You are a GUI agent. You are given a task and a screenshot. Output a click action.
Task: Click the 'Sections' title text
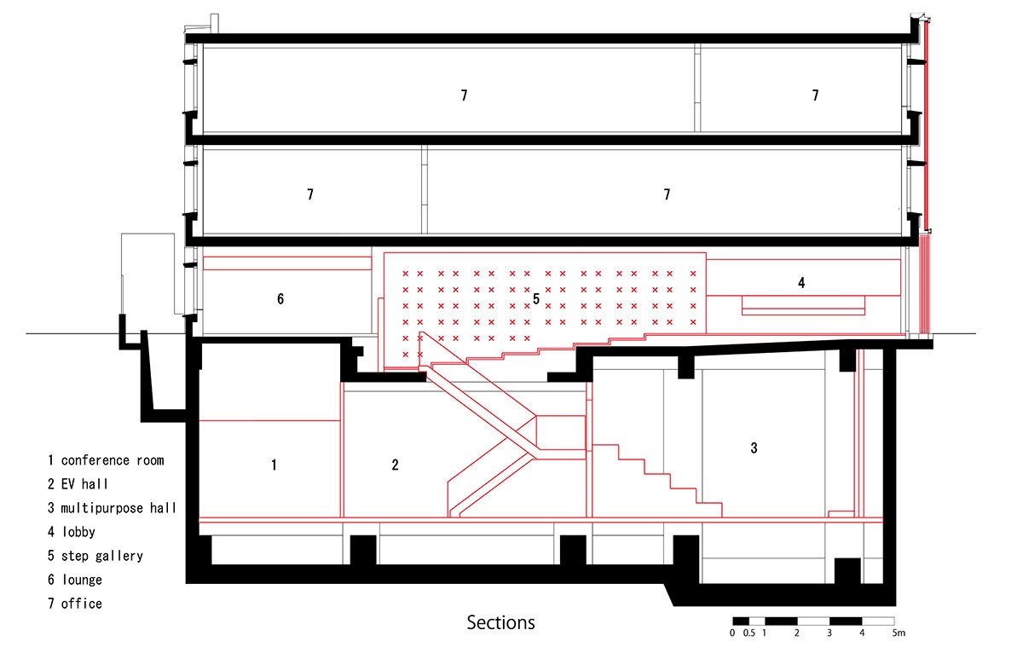[500, 623]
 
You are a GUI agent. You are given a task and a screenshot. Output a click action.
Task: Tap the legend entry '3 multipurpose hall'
[112, 508]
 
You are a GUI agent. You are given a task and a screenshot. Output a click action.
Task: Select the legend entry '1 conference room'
[106, 460]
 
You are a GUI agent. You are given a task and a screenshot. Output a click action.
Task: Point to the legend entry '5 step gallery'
[95, 556]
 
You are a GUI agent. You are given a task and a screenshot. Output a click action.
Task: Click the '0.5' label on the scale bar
[748, 633]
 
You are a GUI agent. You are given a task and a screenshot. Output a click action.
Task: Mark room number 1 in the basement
[274, 465]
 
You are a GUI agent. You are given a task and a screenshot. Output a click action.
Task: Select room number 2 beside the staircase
[395, 465]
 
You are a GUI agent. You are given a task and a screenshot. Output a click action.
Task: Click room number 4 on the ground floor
[801, 281]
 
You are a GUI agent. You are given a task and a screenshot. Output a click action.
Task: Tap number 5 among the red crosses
[536, 298]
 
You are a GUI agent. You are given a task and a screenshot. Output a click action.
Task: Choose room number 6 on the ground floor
[280, 298]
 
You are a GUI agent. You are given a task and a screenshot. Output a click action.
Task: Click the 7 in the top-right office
[815, 95]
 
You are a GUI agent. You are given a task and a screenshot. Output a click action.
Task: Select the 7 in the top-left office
[464, 95]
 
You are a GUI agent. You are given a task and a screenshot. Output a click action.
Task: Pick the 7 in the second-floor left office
[310, 194]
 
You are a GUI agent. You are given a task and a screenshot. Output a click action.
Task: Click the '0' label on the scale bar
[732, 633]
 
